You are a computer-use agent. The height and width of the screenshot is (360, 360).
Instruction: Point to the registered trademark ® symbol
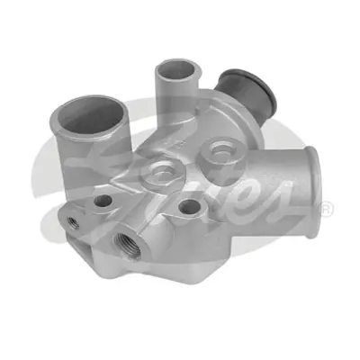[x=327, y=209]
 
